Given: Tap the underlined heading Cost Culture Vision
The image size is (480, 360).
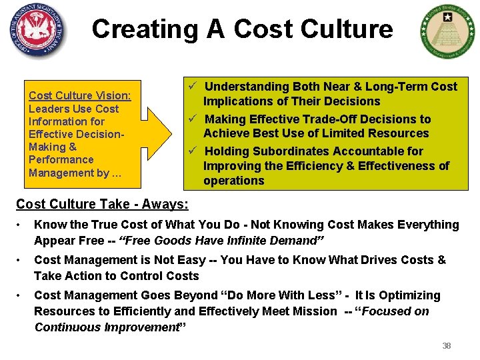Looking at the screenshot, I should pyautogui.click(x=80, y=95).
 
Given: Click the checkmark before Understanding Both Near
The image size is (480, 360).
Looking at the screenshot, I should pyautogui.click(x=191, y=86).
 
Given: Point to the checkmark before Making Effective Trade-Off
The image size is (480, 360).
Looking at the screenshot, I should pyautogui.click(x=191, y=119).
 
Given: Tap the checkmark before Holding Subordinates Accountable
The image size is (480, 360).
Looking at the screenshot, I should pyautogui.click(x=191, y=151).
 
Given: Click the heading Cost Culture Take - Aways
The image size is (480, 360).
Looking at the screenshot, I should pyautogui.click(x=102, y=204).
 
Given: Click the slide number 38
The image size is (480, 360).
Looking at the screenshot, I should pyautogui.click(x=447, y=346).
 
